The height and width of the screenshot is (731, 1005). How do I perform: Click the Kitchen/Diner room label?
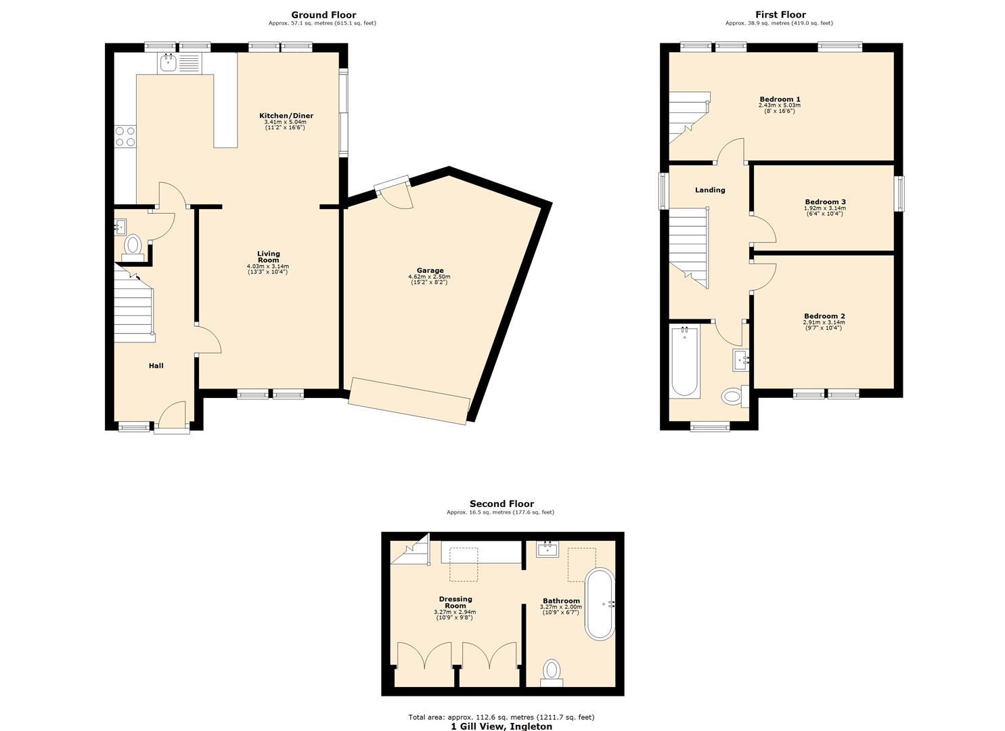tap(286, 116)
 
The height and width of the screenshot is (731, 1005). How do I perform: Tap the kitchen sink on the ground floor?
tap(168, 64)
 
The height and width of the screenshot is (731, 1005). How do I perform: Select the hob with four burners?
tap(125, 136)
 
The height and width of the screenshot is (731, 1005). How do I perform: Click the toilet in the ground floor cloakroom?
tap(133, 245)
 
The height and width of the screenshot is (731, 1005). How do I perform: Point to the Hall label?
tap(156, 365)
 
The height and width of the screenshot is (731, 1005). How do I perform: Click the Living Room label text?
tap(268, 257)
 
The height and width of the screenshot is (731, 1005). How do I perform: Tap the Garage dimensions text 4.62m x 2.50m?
tap(429, 277)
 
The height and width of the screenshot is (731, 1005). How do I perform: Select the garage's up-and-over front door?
tap(409, 401)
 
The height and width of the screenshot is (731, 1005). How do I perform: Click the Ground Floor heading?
tap(323, 15)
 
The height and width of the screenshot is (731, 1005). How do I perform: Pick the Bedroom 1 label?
tap(780, 99)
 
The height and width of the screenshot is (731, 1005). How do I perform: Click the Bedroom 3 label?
tap(825, 202)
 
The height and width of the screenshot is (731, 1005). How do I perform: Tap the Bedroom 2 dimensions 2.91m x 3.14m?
tap(824, 322)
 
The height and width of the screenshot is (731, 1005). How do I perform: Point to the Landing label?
tap(710, 190)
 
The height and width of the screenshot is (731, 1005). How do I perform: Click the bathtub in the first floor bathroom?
tap(684, 361)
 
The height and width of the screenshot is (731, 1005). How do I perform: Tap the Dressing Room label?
tap(455, 602)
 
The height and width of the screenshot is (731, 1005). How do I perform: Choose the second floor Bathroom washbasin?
tap(546, 549)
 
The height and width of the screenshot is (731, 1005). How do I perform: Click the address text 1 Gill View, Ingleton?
tap(501, 726)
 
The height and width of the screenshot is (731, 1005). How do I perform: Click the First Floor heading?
tap(780, 15)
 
